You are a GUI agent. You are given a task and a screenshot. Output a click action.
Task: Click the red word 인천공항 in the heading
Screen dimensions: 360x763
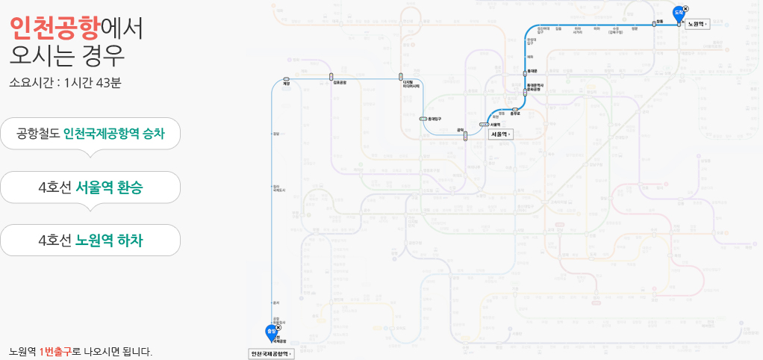[54, 27]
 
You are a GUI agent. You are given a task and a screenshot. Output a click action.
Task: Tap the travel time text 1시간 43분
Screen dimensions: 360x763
[93, 82]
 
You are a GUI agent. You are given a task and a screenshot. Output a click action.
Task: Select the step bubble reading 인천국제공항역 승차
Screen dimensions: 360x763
[90, 134]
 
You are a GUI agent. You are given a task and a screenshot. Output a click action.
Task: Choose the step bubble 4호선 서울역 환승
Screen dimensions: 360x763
[90, 187]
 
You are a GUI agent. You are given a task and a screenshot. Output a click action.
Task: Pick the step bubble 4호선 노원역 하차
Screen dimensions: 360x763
[90, 240]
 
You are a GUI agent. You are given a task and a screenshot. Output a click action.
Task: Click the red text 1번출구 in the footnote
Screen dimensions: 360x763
[55, 351]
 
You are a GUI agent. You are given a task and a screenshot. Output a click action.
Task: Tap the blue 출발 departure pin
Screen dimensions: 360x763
[270, 332]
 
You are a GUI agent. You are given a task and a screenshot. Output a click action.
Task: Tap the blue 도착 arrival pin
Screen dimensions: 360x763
[679, 13]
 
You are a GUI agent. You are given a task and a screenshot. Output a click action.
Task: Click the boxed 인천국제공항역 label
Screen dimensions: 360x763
[271, 353]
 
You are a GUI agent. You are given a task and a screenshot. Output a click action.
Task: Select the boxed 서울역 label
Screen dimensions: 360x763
[500, 134]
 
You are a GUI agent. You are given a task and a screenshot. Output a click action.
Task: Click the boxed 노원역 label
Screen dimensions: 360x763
[697, 24]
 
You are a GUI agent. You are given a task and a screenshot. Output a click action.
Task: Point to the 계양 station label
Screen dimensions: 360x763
[286, 84]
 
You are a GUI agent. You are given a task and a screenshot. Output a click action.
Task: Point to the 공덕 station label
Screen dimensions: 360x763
[461, 129]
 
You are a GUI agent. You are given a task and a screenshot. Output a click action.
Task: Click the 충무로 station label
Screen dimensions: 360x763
[514, 114]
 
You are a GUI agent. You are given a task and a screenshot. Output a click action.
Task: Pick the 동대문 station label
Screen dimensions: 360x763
[533, 70]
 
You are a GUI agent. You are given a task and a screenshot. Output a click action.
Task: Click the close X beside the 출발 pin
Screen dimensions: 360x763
[278, 327]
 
